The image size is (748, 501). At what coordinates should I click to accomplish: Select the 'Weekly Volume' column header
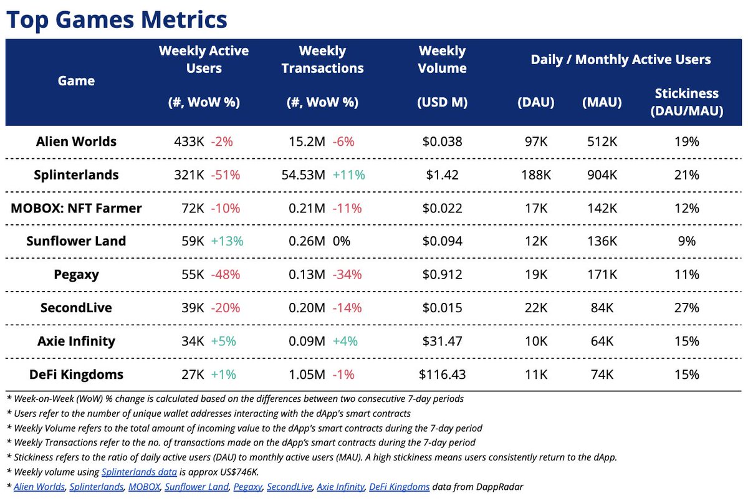[x=442, y=60]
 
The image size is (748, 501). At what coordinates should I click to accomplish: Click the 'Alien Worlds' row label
[x=76, y=141]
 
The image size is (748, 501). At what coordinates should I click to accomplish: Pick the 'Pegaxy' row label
[x=76, y=274]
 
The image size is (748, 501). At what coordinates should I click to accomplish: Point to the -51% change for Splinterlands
[x=225, y=175]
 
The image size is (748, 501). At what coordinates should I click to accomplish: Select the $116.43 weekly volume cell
[x=442, y=375]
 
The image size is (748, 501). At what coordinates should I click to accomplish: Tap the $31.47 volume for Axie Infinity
[x=442, y=341]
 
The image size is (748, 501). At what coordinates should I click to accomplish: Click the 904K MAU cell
[x=603, y=175]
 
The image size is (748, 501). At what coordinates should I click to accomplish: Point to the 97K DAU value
[x=535, y=141]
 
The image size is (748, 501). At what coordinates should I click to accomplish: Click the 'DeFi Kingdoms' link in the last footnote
[x=399, y=487]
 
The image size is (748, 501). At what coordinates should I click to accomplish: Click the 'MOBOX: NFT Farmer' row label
[x=76, y=208]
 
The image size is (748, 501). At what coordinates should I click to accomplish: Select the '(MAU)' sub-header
[x=603, y=102]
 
